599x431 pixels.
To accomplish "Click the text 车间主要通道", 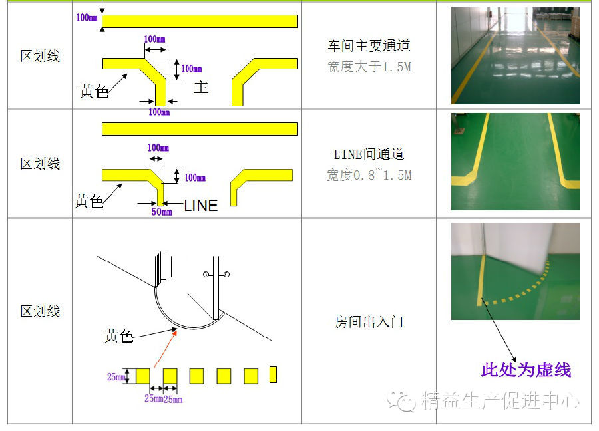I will pos(369,47).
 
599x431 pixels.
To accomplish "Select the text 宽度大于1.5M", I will pos(369,67).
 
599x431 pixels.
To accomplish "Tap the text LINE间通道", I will pos(369,154).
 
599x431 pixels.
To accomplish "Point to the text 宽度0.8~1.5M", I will pos(369,175).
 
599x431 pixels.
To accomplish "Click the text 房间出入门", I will pos(369,323).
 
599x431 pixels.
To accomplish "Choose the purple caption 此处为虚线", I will pos(526,370).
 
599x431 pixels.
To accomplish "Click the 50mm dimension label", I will pos(161,212).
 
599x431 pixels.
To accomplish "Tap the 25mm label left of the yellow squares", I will pos(116,377).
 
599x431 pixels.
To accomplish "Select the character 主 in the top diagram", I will pos(200,87).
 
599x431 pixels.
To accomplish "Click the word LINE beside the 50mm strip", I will pos(200,206).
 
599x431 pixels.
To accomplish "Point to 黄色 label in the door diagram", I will pos(119,336).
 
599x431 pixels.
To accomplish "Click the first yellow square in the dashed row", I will pos(142,376).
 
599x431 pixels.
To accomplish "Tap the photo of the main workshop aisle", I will pos(515,56).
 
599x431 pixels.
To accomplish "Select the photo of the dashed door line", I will pos(515,271).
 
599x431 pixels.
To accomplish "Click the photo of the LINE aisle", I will pos(515,162).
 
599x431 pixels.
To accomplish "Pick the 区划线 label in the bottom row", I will pos(40,311).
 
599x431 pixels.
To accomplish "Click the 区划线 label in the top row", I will pos(40,56).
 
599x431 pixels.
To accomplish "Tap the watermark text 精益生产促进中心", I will pos(500,401).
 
